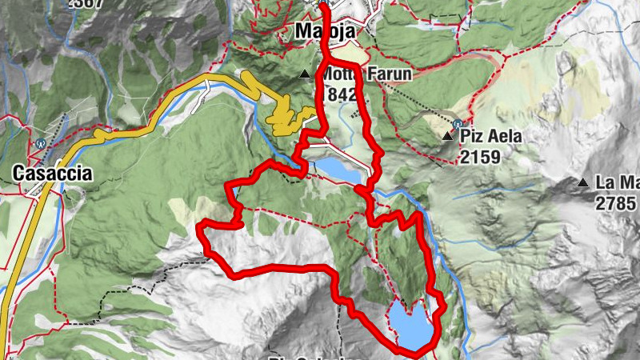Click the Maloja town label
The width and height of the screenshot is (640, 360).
pyautogui.click(x=324, y=32)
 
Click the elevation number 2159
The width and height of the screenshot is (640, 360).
pyautogui.click(x=480, y=156)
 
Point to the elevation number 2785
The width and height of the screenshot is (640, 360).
pyautogui.click(x=617, y=202)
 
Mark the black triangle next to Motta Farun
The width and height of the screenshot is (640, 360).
pyautogui.click(x=305, y=75)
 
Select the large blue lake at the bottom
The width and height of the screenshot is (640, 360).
pyautogui.click(x=412, y=324)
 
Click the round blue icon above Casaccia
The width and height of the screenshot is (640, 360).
pyautogui.click(x=39, y=145)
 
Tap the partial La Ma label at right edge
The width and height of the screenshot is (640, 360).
pyautogui.click(x=617, y=182)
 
